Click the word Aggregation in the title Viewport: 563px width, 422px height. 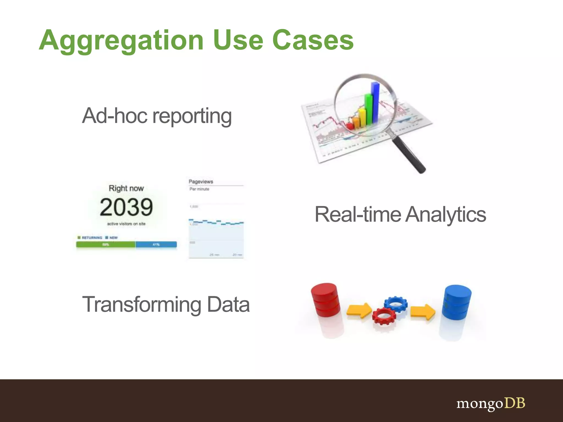pyautogui.click(x=121, y=41)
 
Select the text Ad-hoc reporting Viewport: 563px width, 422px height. pyautogui.click(x=157, y=116)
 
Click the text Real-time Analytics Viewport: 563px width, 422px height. pyautogui.click(x=400, y=215)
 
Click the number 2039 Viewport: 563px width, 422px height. pyautogui.click(x=126, y=207)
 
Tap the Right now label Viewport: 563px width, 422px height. pyautogui.click(x=126, y=188)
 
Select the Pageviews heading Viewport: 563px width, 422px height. pyautogui.click(x=201, y=182)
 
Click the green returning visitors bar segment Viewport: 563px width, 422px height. pyautogui.click(x=106, y=245)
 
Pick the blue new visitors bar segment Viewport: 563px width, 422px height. pyautogui.click(x=156, y=245)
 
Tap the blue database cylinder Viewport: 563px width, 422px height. pyautogui.click(x=456, y=302)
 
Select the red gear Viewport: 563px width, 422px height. pyautogui.click(x=384, y=316)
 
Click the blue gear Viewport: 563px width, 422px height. pyautogui.click(x=396, y=304)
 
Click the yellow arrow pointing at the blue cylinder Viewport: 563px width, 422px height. pyautogui.click(x=423, y=312)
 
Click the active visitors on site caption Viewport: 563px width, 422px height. pyautogui.click(x=126, y=224)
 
